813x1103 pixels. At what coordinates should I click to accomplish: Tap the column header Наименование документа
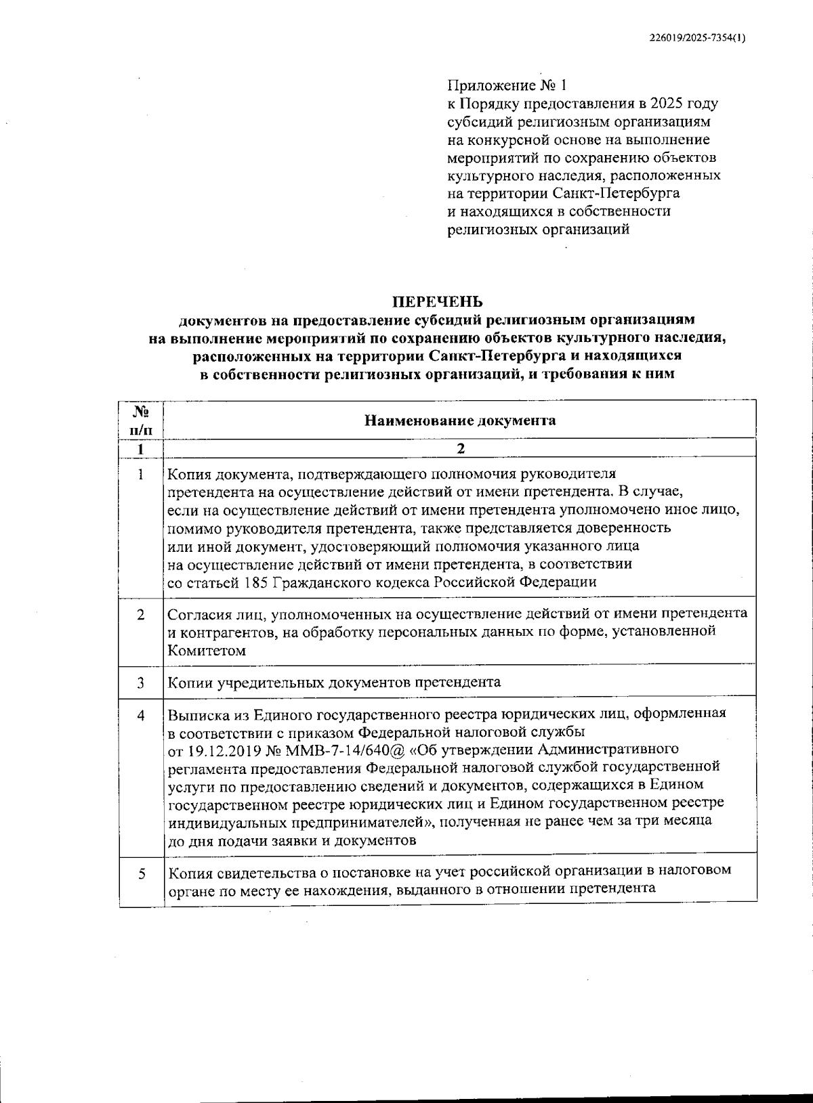460,420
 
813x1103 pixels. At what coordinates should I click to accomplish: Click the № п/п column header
141,420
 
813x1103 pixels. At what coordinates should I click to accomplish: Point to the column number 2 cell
461,449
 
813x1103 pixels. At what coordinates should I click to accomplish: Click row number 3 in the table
141,683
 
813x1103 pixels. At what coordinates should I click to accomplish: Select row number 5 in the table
142,874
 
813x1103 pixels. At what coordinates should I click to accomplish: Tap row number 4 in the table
141,714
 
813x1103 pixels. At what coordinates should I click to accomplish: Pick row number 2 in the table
141,615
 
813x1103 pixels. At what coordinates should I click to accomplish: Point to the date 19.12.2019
221,750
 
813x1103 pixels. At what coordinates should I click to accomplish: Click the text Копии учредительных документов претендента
334,682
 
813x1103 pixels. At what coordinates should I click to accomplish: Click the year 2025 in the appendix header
666,104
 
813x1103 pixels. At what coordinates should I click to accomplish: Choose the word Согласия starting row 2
199,614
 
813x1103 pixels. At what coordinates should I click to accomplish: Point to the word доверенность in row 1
626,527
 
